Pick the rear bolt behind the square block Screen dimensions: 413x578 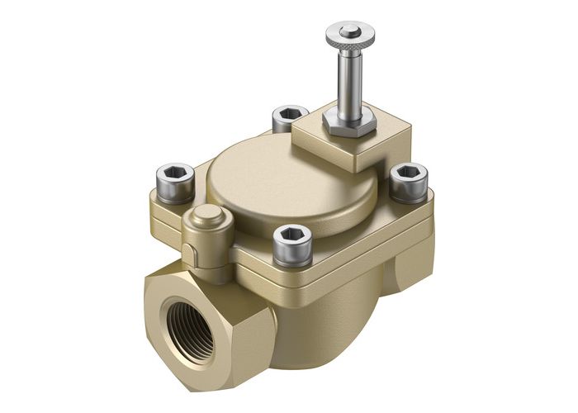point(289,118)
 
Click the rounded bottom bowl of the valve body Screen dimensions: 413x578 point(322,330)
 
